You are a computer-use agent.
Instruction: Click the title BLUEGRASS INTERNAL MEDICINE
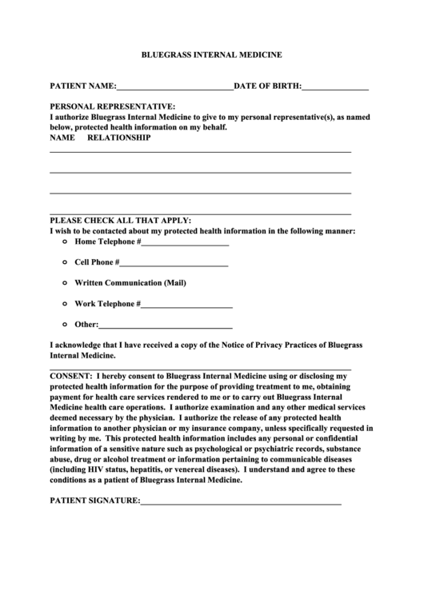(211, 56)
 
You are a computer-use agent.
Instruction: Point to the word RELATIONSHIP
(118, 138)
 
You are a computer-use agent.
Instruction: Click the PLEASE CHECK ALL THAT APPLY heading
(121, 220)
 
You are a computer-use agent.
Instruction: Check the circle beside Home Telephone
(64, 241)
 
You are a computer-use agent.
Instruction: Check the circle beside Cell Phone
(64, 262)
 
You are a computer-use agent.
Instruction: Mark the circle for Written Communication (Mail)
(64, 282)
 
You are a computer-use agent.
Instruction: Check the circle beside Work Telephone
(64, 303)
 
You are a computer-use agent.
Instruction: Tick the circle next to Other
(64, 324)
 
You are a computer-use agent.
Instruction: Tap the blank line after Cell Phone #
(174, 264)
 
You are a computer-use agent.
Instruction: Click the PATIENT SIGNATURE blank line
(241, 503)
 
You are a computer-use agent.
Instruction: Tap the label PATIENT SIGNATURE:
(94, 501)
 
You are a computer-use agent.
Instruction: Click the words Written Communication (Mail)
(130, 282)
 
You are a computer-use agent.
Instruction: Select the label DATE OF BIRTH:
(267, 85)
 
